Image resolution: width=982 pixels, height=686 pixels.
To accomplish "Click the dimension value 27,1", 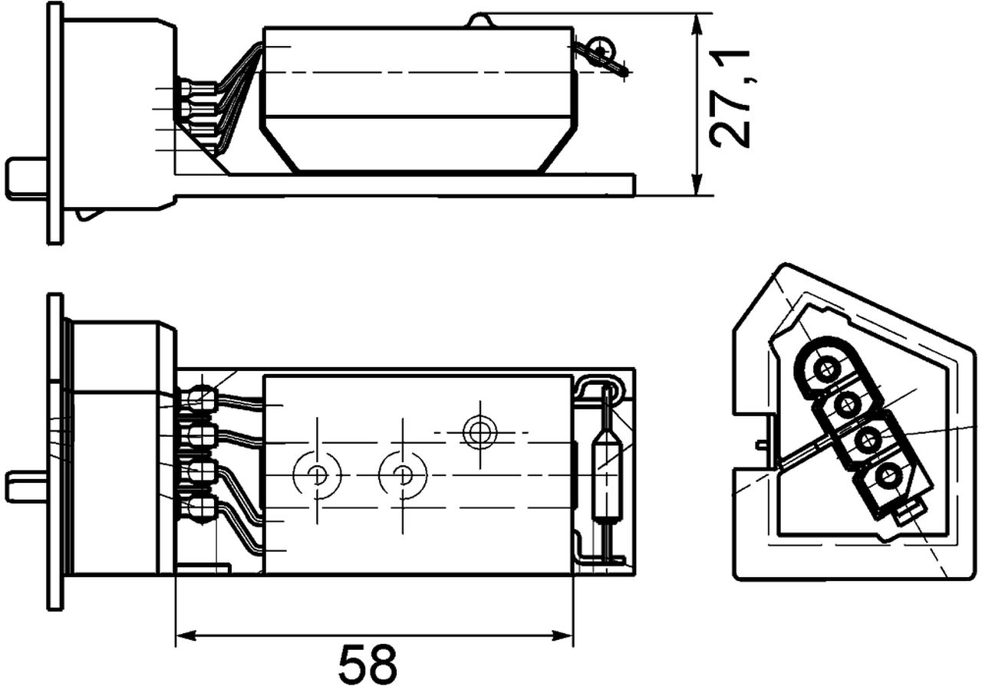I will [729, 97].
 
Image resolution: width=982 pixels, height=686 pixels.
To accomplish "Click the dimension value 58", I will [368, 663].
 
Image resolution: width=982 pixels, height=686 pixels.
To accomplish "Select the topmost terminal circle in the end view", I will [826, 370].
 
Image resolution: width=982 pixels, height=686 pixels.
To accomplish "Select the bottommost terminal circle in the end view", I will [889, 478].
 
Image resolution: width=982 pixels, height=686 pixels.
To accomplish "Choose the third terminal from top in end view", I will [868, 441].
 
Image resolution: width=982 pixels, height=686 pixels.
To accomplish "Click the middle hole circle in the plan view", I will [401, 476].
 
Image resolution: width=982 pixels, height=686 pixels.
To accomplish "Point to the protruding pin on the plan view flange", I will [26, 487].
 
